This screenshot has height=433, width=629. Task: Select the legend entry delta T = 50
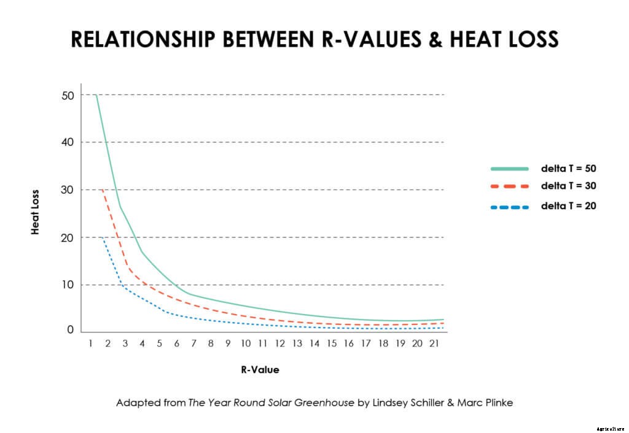pyautogui.click(x=568, y=168)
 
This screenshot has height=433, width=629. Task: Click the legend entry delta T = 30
pyautogui.click(x=568, y=186)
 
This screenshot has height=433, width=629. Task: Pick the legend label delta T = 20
pyautogui.click(x=568, y=206)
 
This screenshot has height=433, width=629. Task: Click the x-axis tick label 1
pyautogui.click(x=90, y=344)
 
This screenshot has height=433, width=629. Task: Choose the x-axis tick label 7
pyautogui.click(x=193, y=344)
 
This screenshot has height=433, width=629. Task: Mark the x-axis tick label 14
pyautogui.click(x=314, y=344)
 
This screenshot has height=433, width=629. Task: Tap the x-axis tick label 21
pyautogui.click(x=434, y=344)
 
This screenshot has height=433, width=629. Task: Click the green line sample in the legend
pyautogui.click(x=509, y=168)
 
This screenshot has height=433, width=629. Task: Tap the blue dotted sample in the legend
pyautogui.click(x=509, y=207)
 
